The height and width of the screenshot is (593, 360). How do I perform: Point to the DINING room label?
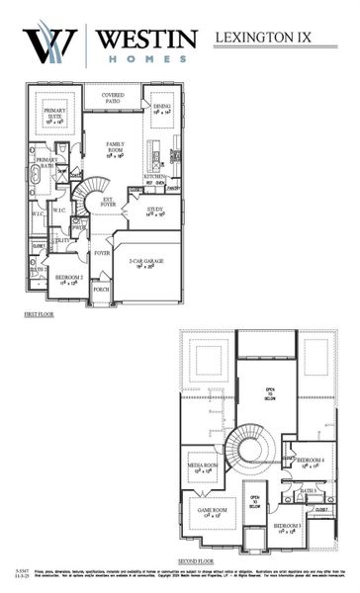[x=162, y=108]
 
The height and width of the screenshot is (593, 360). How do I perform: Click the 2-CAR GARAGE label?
[x=143, y=263]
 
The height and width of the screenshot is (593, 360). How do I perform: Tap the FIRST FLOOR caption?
[x=40, y=313]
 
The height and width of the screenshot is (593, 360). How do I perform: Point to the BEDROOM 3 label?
[x=288, y=528]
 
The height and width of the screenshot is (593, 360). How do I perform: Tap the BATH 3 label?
[x=308, y=490]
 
